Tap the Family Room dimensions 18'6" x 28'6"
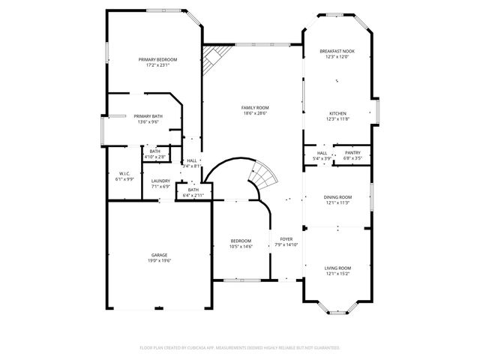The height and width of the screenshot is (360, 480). [255, 114]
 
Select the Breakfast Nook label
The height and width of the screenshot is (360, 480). [337, 51]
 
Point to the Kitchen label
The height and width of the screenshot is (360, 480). [337, 113]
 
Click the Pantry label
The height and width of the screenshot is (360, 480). [352, 153]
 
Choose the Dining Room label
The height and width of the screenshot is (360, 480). [337, 196]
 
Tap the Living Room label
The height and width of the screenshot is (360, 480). [337, 268]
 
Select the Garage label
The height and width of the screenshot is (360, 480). [159, 255]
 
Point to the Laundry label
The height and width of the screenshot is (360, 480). [160, 181]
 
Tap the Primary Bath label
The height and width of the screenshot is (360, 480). [148, 116]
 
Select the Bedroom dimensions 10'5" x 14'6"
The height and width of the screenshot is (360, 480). [241, 247]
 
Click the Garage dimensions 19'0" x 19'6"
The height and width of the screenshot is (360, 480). [159, 261]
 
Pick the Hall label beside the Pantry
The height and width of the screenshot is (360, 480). [321, 153]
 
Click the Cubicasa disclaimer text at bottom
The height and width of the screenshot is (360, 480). [240, 348]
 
